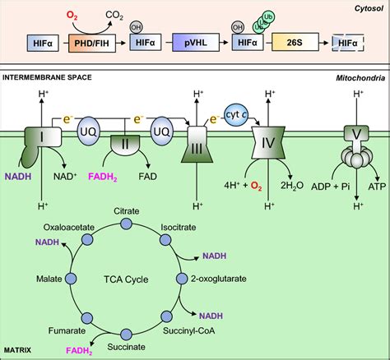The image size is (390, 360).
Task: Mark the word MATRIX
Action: click(x=19, y=351)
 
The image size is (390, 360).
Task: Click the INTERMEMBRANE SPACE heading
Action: click(x=50, y=78)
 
